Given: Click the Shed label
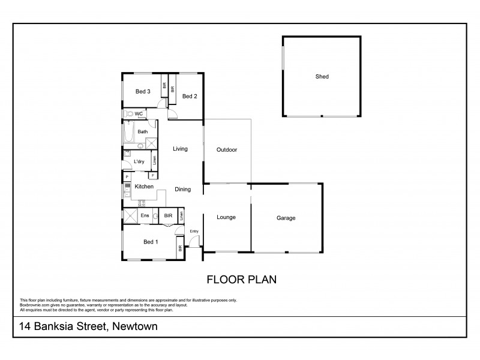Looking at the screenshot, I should pos(322,77).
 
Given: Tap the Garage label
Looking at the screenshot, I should pos(286,218).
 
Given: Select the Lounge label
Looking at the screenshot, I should pos(226,217).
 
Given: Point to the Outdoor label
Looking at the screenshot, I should pos(227,150).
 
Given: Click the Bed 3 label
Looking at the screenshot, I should pos(142,91).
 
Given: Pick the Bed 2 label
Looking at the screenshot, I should pos(190,96).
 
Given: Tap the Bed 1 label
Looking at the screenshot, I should pos(151,242).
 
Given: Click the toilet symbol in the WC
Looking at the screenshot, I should pos(128,113).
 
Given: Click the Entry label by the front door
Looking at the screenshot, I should pos(194,231).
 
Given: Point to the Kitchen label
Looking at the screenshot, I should pos(144,187).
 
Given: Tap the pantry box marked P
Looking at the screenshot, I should pos(127,177).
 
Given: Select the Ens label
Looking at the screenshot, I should pos(145,216).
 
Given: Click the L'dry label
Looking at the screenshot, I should pos(139,161).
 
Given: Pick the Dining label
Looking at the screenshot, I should pos(182,190).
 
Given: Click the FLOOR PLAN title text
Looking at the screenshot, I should pos(241,279).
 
